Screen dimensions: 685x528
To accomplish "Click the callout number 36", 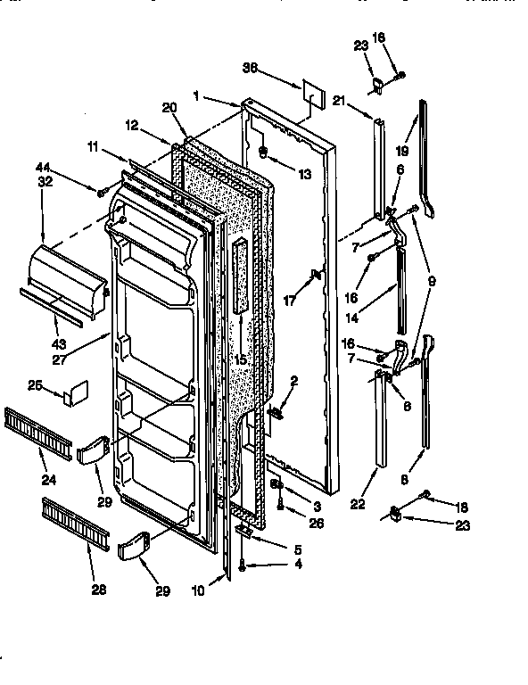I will pos(251,67).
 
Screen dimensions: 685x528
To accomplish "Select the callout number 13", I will pos(305,174).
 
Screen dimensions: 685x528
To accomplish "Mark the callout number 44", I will pos(42,167).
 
